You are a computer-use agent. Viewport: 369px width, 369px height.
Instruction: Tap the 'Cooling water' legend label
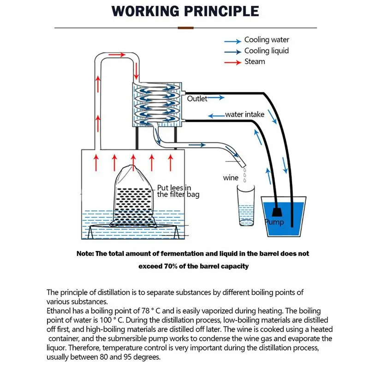[x=267, y=40]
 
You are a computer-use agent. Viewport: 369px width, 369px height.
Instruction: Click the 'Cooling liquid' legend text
[x=266, y=51]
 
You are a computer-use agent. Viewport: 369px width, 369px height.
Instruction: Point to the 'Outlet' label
[x=197, y=99]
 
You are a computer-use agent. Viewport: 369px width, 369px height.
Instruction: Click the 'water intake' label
[x=244, y=114]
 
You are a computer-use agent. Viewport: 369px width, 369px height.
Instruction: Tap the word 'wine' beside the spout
[x=231, y=178]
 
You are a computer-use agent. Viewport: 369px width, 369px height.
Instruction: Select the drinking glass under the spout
[x=246, y=205]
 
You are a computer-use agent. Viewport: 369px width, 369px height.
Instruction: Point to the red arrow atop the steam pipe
[x=116, y=55]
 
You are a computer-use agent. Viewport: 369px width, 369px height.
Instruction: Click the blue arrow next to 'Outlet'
[x=217, y=98]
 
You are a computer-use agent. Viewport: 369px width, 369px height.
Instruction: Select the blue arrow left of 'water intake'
[x=215, y=115]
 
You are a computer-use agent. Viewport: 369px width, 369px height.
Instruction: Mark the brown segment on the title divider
[x=185, y=28]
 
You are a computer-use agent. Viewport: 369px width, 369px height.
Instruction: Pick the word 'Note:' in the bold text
[x=86, y=254]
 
